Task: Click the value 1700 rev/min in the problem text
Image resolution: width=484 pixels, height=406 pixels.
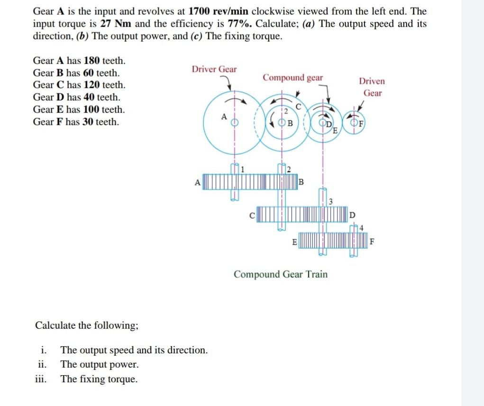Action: click(x=219, y=11)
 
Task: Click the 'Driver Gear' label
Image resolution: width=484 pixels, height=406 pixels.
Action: click(x=214, y=69)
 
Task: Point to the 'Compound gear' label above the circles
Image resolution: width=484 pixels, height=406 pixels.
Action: click(x=292, y=77)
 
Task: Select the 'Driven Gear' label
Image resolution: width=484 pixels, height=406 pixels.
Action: click(x=372, y=87)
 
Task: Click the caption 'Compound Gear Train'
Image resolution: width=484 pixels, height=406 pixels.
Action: click(x=281, y=274)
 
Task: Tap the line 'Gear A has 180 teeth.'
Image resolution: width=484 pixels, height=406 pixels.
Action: click(x=79, y=61)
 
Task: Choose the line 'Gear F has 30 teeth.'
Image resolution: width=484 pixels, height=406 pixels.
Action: click(x=76, y=122)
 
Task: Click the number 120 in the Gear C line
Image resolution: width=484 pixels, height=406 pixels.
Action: click(x=91, y=85)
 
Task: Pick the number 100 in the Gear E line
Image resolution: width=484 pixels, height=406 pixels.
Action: click(x=91, y=110)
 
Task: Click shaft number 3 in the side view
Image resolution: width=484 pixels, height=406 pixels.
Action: click(x=331, y=202)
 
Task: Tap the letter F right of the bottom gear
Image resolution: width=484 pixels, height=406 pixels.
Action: click(x=373, y=242)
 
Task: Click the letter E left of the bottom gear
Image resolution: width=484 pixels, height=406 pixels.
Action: click(x=295, y=242)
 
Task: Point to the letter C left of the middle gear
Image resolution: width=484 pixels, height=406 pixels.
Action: click(x=253, y=214)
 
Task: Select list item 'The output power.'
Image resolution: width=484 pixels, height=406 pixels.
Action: click(x=100, y=365)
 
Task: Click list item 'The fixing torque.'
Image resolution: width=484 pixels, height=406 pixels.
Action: click(x=99, y=379)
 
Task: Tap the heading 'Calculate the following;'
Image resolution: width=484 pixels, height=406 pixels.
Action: click(x=87, y=325)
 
